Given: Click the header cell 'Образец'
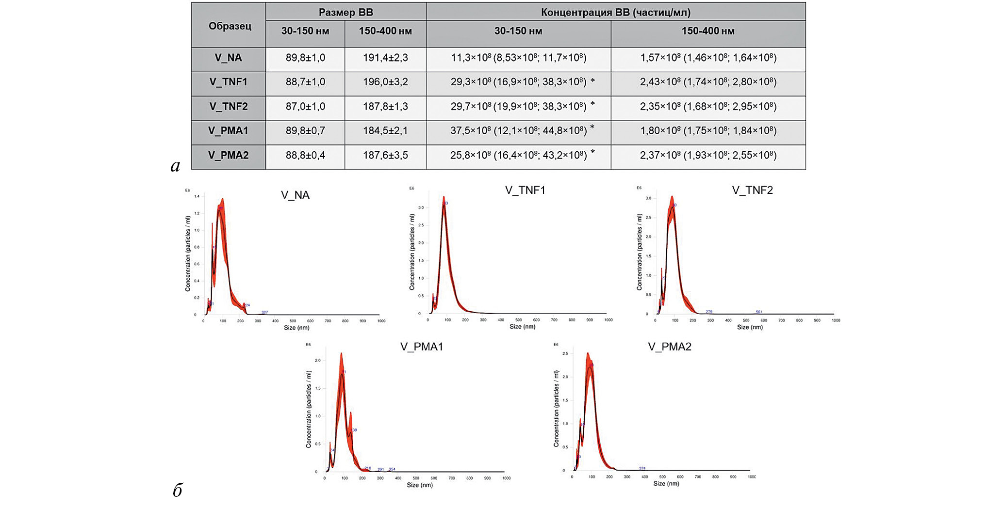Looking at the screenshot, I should [x=230, y=26].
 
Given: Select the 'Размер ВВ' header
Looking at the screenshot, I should [x=345, y=12].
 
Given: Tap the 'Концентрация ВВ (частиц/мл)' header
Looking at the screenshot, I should [x=615, y=12].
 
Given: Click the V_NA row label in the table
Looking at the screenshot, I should [x=228, y=58].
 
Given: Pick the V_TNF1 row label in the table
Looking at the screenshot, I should [x=228, y=82].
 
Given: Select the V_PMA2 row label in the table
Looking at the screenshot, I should [x=228, y=155].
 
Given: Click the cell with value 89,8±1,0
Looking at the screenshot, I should [x=305, y=58].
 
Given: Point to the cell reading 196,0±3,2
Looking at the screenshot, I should [x=385, y=82].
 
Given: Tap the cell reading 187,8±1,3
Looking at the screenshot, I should [x=385, y=106].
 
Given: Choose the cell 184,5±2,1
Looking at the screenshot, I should [x=385, y=131].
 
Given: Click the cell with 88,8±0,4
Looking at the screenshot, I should [x=305, y=155].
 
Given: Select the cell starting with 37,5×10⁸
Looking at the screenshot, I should [x=518, y=131].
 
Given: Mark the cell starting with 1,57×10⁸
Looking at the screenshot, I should [x=708, y=58].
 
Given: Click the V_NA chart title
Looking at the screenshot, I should [x=295, y=195].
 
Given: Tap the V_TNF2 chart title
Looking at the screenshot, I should [x=752, y=190].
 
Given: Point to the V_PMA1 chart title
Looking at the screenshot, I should [x=422, y=347].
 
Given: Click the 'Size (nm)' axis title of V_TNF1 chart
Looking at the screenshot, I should [x=522, y=327].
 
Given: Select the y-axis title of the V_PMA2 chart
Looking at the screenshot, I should [x=557, y=409].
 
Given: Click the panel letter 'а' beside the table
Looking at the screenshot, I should [x=175, y=166].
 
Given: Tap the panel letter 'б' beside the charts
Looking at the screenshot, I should [x=177, y=491].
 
